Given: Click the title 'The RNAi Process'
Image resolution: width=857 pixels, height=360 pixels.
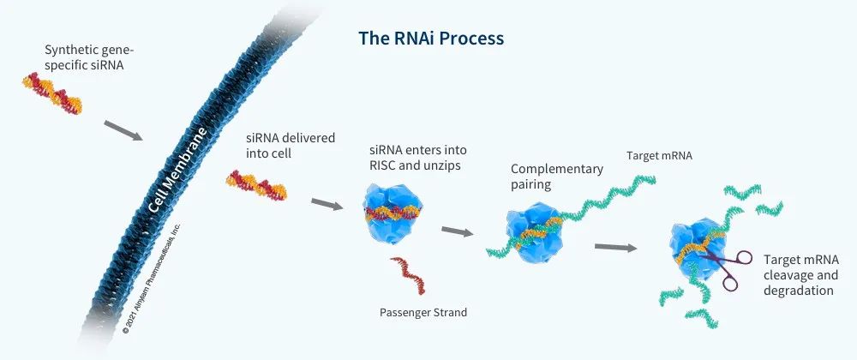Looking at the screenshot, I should click(x=429, y=39).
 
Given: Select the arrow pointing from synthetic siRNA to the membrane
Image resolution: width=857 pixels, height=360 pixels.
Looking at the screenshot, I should click(x=123, y=131).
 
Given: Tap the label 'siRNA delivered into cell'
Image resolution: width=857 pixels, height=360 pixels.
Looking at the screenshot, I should click(x=278, y=145).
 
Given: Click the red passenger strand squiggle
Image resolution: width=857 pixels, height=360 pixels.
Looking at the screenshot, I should click(x=407, y=274).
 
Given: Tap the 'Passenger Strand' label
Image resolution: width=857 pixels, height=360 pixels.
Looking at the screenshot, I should click(x=423, y=312).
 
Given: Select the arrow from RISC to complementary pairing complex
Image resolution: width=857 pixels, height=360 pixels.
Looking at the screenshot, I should click(x=458, y=231).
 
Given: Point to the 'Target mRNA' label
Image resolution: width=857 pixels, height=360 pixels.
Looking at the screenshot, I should click(x=660, y=157).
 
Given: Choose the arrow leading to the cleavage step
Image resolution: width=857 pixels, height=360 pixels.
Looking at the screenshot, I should click(x=615, y=248).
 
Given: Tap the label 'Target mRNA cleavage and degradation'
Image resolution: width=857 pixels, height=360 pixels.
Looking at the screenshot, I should click(x=800, y=275).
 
